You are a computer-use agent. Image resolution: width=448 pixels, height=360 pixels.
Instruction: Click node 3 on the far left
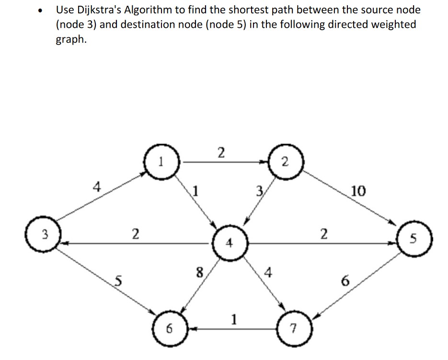point(44,234)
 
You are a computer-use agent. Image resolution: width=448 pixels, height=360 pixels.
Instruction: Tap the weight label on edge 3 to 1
point(97,186)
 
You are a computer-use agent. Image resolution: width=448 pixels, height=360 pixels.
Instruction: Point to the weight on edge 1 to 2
point(220,153)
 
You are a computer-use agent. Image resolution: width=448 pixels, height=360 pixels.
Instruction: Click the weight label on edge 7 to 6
point(234,318)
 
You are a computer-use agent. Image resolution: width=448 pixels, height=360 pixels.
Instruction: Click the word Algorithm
point(150,10)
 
